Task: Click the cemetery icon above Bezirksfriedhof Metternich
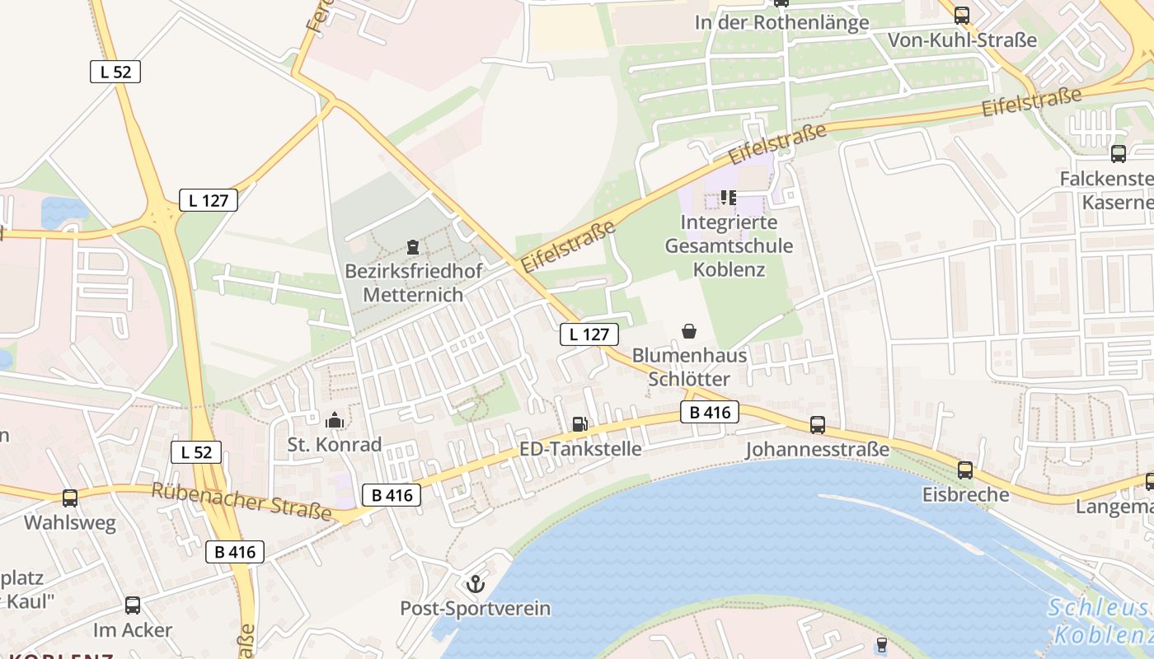tap(412, 246)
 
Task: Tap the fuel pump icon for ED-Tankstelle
tap(580, 424)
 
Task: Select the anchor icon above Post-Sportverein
tap(475, 585)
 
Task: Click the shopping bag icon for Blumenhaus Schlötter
tap(689, 331)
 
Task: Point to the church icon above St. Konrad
tap(335, 421)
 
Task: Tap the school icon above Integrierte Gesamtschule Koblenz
tap(728, 197)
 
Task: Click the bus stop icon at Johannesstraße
tap(818, 425)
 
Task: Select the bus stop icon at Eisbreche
tap(965, 470)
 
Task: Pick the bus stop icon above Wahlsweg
tap(70, 498)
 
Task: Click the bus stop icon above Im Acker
tap(133, 605)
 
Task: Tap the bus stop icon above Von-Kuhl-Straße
tap(962, 15)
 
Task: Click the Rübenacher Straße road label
tap(242, 502)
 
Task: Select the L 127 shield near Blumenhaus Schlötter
tap(589, 334)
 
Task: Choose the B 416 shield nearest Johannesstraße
tap(710, 412)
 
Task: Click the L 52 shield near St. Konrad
tap(196, 451)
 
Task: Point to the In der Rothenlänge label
tap(781, 22)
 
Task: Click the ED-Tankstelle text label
tap(580, 449)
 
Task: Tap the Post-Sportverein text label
tap(475, 609)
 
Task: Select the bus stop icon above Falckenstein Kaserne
tap(1119, 153)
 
